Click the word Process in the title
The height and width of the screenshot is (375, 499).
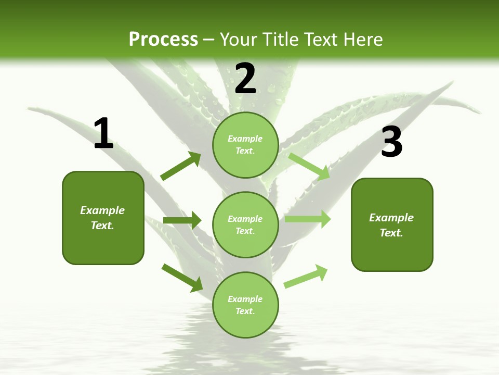163,39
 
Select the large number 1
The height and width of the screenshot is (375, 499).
103,134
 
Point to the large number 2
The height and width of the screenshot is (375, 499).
245,78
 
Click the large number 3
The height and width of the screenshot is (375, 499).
391,142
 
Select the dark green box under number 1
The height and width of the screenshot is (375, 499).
103,218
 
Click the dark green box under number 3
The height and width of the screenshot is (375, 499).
392,224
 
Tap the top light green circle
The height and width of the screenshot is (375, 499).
245,144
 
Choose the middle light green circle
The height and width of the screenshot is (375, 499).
245,224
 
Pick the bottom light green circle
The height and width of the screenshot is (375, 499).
245,305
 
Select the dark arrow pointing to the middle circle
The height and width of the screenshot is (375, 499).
182,220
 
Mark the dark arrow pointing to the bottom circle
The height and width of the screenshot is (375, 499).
182,277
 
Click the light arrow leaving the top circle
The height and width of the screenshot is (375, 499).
309,166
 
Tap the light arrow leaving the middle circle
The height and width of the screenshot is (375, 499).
308,219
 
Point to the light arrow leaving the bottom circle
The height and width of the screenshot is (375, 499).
306,277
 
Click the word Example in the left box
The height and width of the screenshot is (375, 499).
102,210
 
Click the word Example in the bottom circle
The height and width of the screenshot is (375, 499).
245,299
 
